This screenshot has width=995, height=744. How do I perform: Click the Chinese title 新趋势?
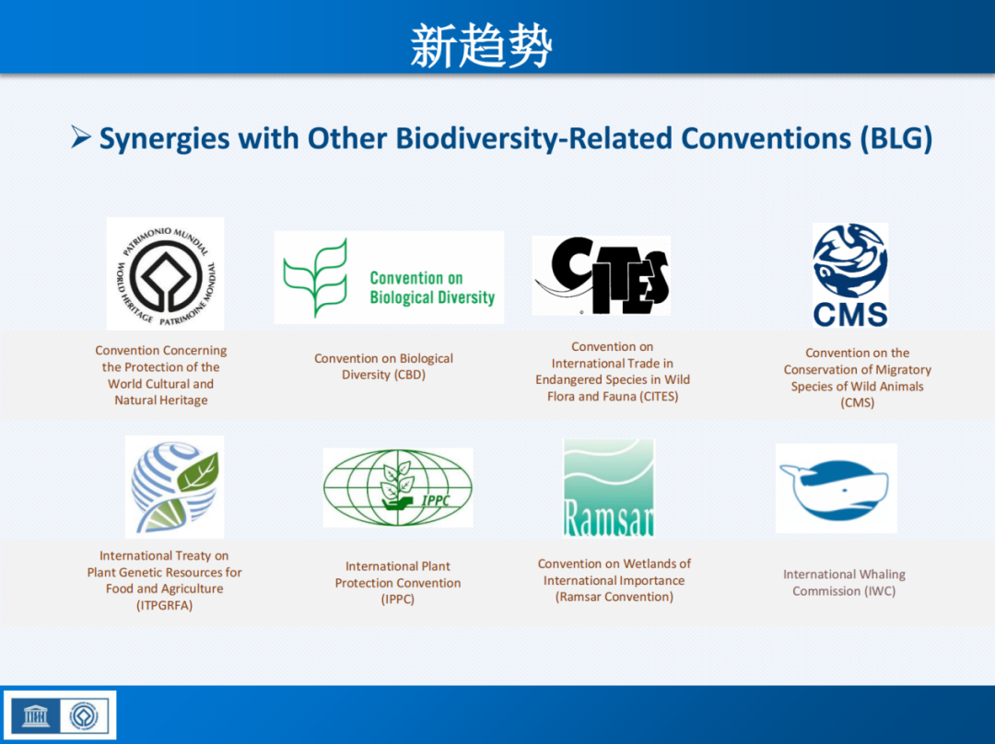coord(481,45)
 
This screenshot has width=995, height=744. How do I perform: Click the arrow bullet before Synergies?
coord(80,136)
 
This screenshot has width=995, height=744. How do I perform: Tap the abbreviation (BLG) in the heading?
coord(896,139)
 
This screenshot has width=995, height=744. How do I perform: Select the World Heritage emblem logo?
coord(166,274)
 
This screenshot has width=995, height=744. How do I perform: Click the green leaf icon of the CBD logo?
coord(315,278)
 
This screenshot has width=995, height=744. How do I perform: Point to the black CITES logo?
coord(602,275)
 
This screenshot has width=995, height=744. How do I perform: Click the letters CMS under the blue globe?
coord(850,314)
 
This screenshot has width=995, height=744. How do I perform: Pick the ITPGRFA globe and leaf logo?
coord(175,487)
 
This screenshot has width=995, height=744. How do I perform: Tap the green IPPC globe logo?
coord(398,488)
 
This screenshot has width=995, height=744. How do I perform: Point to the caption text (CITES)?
coord(659,397)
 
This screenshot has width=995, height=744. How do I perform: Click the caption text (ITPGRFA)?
coord(164,605)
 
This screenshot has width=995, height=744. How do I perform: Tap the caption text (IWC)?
coord(879,591)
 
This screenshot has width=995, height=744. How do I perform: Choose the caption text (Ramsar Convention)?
coord(615,597)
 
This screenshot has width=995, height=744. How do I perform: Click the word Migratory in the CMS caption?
coord(900,370)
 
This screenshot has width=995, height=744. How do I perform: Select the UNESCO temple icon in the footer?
coord(36,716)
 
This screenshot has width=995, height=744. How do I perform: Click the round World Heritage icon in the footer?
coord(84,716)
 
